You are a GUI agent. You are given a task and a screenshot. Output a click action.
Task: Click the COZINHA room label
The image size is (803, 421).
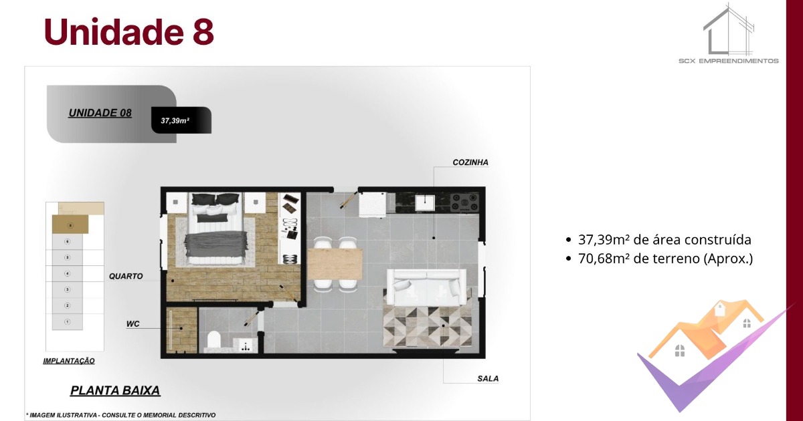[x=470, y=162]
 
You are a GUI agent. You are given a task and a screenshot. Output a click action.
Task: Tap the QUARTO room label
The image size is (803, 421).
[x=126, y=276]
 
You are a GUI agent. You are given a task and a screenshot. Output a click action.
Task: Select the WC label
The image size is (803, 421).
[x=132, y=324]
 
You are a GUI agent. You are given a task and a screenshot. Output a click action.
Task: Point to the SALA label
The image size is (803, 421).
[x=488, y=378]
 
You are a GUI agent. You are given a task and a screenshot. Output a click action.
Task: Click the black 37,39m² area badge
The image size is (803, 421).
[x=181, y=120]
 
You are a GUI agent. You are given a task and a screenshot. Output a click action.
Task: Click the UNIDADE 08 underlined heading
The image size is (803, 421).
[x=100, y=113]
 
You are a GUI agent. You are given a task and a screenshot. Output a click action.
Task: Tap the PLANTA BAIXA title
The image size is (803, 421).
[x=115, y=390]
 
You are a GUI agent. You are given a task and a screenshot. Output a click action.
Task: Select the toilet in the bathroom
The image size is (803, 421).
[x=213, y=339]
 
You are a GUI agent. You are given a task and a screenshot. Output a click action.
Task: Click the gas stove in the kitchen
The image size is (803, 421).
[x=464, y=202]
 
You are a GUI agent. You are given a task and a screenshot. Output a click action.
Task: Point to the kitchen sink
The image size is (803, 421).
[x=425, y=203]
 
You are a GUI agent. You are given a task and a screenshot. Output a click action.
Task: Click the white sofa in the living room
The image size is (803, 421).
[x=427, y=287]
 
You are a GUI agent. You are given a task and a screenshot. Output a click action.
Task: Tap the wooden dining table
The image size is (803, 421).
[x=335, y=264]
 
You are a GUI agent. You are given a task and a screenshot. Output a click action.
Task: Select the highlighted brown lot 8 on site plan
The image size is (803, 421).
[x=70, y=225]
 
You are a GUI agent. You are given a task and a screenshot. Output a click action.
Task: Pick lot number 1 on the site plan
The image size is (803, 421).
[x=68, y=322]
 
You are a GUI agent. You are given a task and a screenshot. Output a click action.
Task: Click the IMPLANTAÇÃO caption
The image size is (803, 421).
[x=69, y=361]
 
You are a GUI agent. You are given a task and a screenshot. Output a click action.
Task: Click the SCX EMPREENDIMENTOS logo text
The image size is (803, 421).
[x=729, y=61]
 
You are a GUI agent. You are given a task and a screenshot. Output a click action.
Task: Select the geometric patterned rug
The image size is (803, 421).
[x=427, y=327]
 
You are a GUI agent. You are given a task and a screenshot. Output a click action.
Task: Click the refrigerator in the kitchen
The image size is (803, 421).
[x=373, y=204]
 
